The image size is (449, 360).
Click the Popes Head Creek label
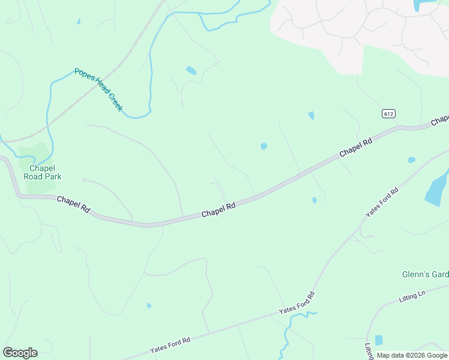point(98,89)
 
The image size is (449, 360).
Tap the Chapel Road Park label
point(43,173)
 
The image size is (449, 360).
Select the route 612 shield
point(388,113)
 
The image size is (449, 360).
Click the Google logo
point(20,353)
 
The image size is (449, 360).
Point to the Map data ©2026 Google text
point(412,355)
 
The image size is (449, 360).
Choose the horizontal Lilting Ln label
point(412,296)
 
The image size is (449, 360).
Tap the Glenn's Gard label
point(425,274)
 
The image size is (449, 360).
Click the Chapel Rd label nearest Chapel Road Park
point(73,204)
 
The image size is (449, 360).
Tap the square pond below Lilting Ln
point(378,340)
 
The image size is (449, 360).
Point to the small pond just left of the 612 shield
point(311,115)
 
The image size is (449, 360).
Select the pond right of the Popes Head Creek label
point(191,70)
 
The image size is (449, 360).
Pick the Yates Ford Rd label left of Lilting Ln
point(297,304)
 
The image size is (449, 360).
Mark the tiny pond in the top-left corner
point(79,22)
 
